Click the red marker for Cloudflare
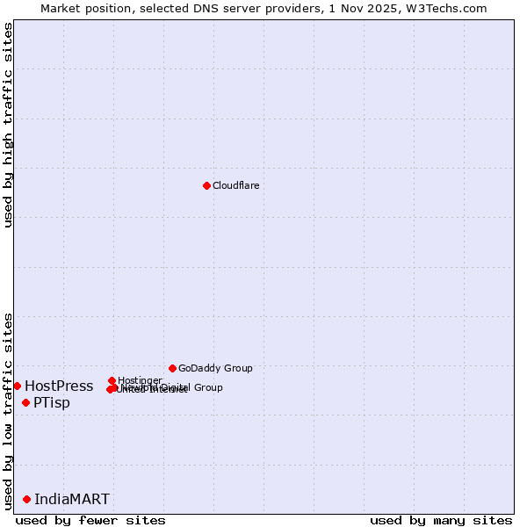tap(206, 185)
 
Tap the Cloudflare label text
tap(235, 185)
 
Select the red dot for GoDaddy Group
tap(172, 368)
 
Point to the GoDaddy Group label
tap(215, 368)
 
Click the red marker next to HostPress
tap(17, 386)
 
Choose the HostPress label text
tap(59, 386)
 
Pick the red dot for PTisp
tap(25, 402)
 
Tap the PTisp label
tap(52, 403)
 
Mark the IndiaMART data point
tap(26, 499)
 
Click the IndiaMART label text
tap(72, 500)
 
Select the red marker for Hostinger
tap(112, 380)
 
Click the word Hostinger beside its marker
tap(140, 380)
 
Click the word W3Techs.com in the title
tap(450, 8)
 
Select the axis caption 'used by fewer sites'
tap(90, 520)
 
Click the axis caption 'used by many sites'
tap(441, 520)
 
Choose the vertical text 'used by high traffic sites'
tap(8, 125)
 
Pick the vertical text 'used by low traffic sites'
tap(8, 410)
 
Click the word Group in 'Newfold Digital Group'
tap(208, 387)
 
